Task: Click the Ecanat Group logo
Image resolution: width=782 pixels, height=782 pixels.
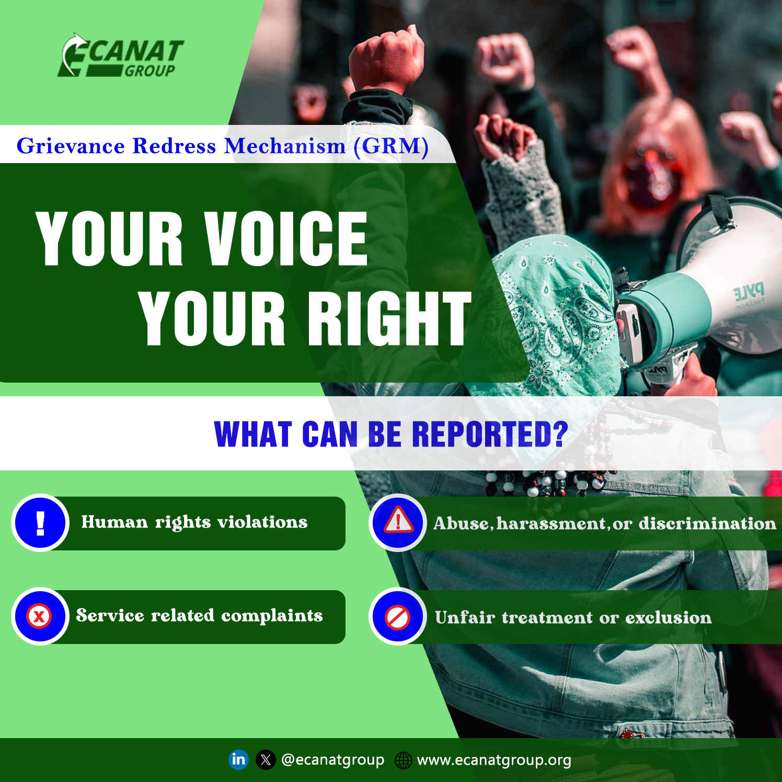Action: tap(121, 56)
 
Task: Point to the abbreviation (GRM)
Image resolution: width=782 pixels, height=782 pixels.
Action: tap(391, 146)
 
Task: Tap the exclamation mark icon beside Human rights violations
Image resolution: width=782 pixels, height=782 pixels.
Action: tap(40, 522)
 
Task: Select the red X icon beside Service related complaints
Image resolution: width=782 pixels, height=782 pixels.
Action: tap(39, 616)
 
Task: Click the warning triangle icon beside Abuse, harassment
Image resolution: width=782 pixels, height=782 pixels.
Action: tap(398, 522)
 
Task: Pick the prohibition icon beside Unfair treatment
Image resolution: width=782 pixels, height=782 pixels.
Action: tap(398, 617)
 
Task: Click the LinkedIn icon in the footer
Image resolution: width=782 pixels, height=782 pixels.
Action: tap(238, 759)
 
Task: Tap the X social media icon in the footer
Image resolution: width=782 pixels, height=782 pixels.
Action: tap(266, 760)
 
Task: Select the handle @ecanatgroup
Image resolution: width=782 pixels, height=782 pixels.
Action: tap(332, 760)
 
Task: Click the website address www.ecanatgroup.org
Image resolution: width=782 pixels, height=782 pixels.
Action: tap(493, 760)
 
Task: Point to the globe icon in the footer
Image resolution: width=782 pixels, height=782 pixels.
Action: tap(403, 760)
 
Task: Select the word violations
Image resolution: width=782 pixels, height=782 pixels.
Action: tap(262, 522)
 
